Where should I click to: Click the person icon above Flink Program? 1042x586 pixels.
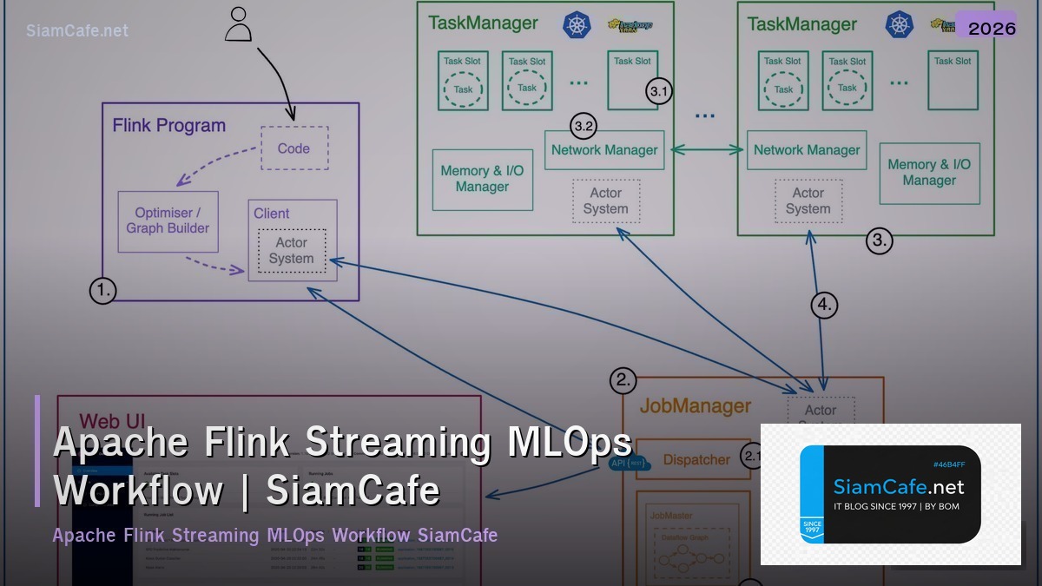coord(237,25)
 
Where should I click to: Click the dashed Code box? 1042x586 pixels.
coord(294,148)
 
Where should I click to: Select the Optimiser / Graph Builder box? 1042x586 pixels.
coord(168,221)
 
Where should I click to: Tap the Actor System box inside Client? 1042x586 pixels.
coord(291,251)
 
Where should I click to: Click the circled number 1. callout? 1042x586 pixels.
coord(102,291)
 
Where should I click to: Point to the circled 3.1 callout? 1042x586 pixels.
coord(659,91)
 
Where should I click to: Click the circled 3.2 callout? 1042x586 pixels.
coord(584,126)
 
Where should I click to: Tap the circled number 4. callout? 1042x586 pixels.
coord(824,305)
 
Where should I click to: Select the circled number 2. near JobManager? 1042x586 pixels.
coord(623,380)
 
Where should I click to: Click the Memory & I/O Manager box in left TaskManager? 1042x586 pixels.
coord(482,179)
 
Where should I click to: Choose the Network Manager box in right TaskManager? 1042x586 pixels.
coord(807,149)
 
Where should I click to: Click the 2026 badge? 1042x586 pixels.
coord(991,28)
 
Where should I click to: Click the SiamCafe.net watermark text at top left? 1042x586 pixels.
coord(77,30)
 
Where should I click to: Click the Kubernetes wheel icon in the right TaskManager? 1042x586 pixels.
coord(899,24)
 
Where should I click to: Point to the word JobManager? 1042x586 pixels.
coord(695,405)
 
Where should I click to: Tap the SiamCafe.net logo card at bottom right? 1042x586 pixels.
coord(890,494)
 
